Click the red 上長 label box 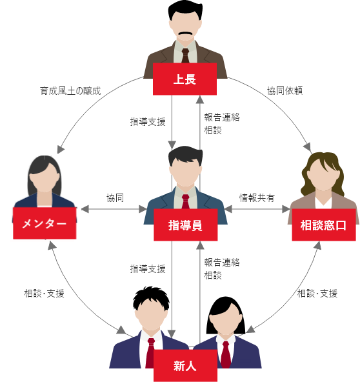(x=185, y=79)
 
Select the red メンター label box (x=45, y=223)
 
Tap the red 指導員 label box (x=186, y=225)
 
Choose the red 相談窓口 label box (x=324, y=225)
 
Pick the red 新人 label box (x=185, y=365)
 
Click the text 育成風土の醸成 (x=70, y=91)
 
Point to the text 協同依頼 (x=285, y=90)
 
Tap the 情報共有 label (x=257, y=198)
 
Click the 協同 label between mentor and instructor (x=115, y=198)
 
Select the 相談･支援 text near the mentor (x=44, y=294)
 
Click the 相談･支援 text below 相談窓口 (x=317, y=294)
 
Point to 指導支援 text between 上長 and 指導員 (x=148, y=121)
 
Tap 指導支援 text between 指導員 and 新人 (x=148, y=269)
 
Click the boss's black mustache (x=186, y=34)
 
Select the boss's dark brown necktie (x=185, y=55)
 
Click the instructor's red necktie (x=186, y=201)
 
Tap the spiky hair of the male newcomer (x=151, y=297)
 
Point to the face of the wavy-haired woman (x=323, y=176)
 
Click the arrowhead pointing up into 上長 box (x=200, y=99)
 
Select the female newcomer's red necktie (x=226, y=354)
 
